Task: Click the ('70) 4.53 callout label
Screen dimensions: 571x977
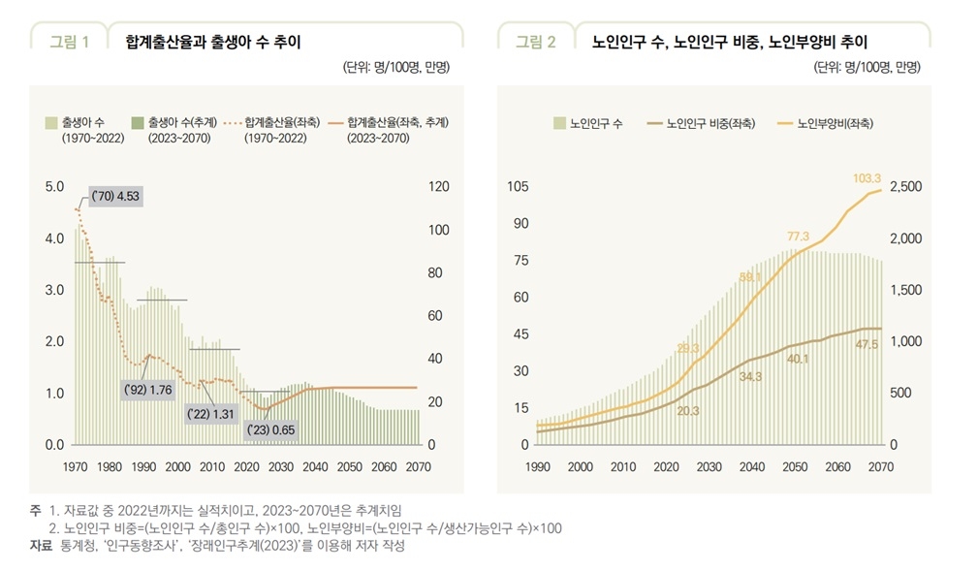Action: click(114, 197)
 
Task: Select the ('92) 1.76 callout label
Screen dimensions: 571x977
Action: click(148, 390)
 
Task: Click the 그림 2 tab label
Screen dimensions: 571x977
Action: click(535, 42)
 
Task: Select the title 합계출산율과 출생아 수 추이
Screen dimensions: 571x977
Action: click(213, 42)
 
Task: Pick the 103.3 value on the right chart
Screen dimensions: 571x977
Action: click(867, 178)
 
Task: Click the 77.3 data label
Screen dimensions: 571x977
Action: click(798, 237)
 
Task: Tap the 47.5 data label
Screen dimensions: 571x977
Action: click(867, 344)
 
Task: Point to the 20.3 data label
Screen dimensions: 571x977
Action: click(688, 410)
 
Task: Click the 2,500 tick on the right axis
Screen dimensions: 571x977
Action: click(906, 186)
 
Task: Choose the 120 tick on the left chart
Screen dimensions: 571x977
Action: click(439, 186)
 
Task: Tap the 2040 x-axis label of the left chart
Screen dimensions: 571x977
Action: click(315, 466)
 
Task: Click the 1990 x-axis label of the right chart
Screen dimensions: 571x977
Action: click(537, 466)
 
